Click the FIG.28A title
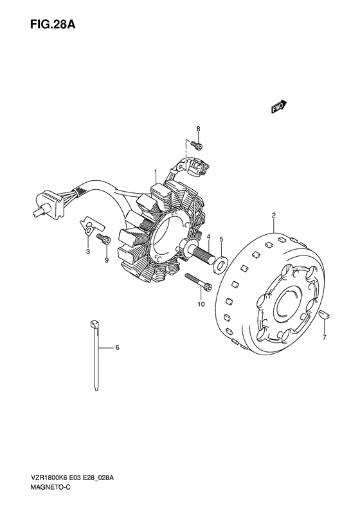click(53, 24)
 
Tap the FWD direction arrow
click(279, 106)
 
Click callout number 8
click(198, 129)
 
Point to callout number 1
click(156, 171)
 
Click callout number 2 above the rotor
click(274, 215)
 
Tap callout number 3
click(88, 251)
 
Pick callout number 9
click(107, 260)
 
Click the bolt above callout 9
click(104, 239)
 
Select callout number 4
click(208, 237)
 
